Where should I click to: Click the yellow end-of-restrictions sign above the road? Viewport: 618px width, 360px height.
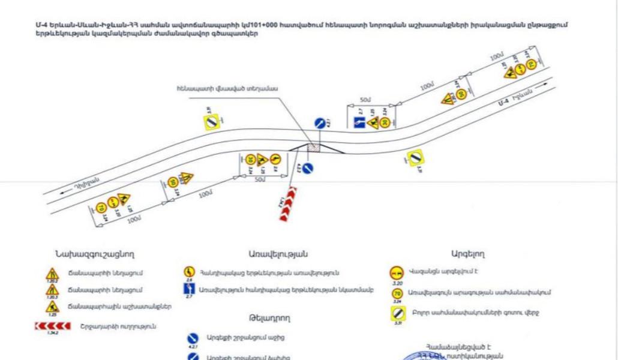point(211,122)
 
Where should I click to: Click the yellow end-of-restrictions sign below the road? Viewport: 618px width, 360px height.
point(415,158)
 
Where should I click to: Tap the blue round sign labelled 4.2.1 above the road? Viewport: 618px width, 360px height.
point(320,123)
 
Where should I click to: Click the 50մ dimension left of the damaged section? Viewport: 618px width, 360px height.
point(259,179)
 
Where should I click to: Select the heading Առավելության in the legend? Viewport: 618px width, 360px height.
point(278,254)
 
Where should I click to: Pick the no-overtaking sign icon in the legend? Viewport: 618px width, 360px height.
point(397,273)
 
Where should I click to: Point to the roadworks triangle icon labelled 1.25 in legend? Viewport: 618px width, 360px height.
point(53,307)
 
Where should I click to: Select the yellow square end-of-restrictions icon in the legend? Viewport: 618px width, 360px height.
point(397,313)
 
